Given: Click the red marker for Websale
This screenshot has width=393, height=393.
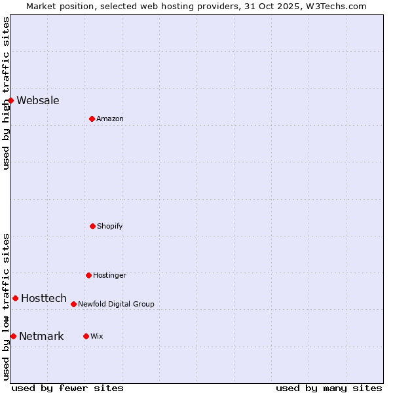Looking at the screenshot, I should coord(11,100).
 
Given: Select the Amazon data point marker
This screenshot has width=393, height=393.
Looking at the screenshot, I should coord(92,119).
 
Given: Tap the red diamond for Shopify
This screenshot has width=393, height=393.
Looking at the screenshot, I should coord(92,226).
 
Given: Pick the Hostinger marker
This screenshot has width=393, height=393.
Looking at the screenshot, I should coord(88,275).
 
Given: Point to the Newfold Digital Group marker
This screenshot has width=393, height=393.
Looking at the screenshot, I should coord(73,304).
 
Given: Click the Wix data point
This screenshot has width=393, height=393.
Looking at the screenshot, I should coord(86,336).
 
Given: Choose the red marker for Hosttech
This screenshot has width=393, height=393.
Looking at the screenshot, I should coord(15,298).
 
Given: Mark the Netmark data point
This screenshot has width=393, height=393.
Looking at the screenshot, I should coord(13,336).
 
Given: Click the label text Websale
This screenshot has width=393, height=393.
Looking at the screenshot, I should coord(38,100).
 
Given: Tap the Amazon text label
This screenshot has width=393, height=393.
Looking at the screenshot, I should coord(110,119).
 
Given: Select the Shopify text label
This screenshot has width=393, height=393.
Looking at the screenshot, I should coord(110,226).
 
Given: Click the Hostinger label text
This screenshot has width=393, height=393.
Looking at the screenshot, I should coord(109,275).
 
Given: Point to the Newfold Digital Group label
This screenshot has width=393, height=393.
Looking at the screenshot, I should coord(116,304).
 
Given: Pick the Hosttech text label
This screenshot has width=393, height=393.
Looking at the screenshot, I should coord(44,298).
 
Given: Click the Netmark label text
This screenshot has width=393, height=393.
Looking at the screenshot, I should coord(41,336).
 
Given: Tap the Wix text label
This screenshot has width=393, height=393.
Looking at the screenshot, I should coord(97,336).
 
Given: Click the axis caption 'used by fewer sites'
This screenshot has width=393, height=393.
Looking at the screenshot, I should coord(67,388).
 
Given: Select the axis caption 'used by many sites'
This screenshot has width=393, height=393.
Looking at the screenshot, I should coord(329,388).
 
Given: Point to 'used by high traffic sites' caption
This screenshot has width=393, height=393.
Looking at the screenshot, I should coord(6,93).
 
